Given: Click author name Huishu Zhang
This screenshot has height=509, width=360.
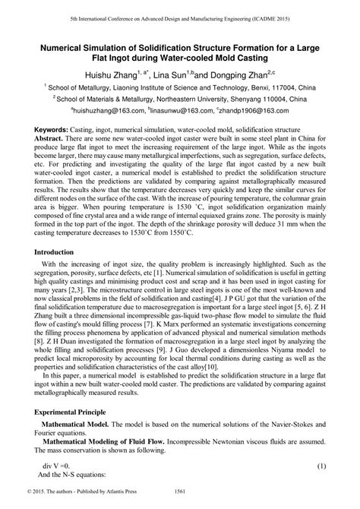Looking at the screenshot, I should click(106, 75).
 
